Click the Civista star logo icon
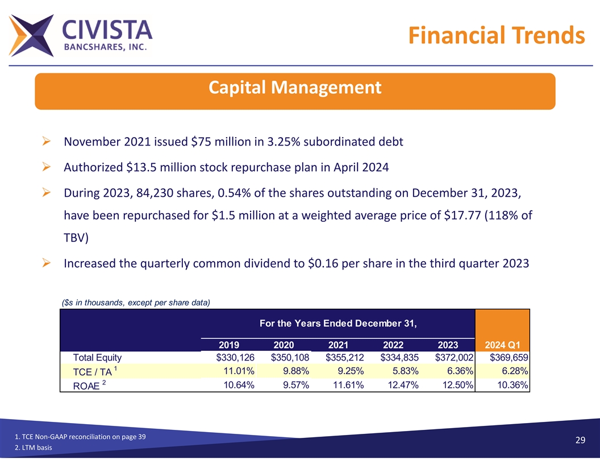pyautogui.click(x=31, y=35)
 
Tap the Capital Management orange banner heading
pyautogui.click(x=294, y=88)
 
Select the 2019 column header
pyautogui.click(x=229, y=345)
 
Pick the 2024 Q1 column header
pyautogui.click(x=502, y=345)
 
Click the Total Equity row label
pyautogui.click(x=97, y=358)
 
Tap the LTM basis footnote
pyautogui.click(x=35, y=449)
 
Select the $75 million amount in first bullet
pyautogui.click(x=212, y=142)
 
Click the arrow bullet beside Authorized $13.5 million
pyautogui.click(x=48, y=167)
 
